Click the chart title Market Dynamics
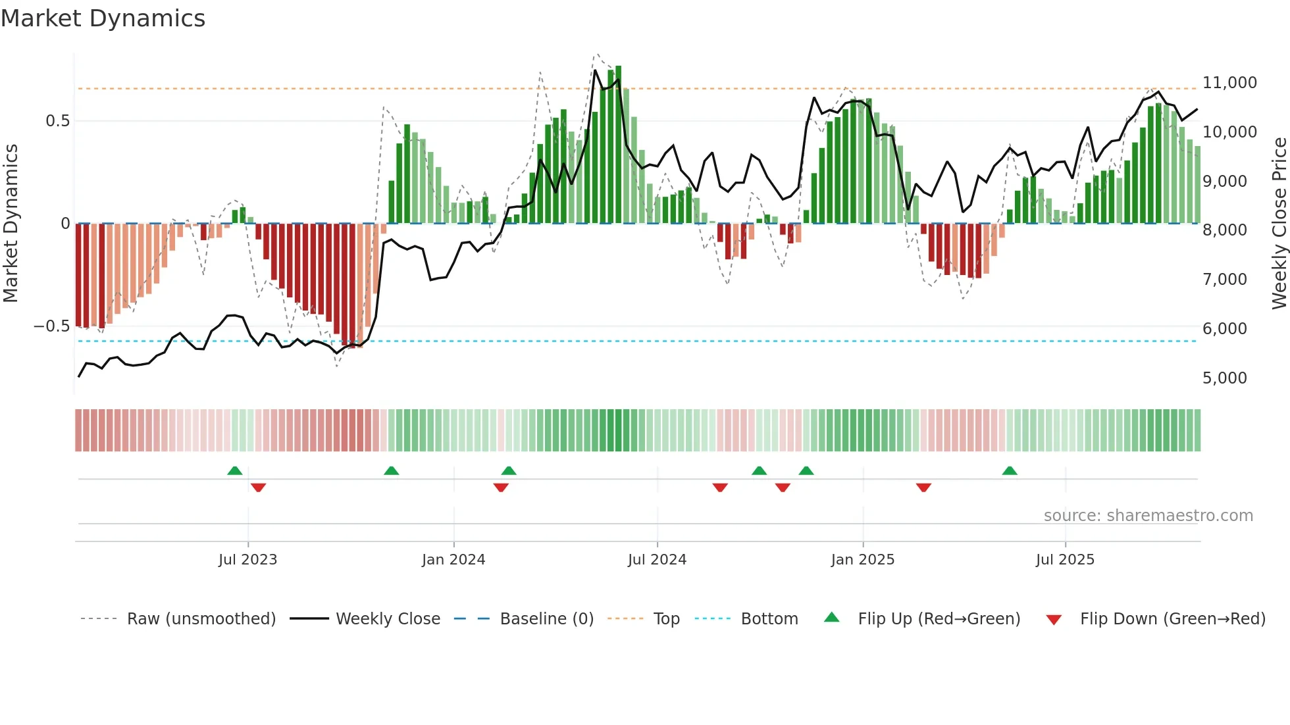coord(103,18)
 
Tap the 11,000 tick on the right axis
coord(1229,83)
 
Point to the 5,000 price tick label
coord(1224,378)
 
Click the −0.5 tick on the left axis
coord(51,326)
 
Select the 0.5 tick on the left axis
coord(57,121)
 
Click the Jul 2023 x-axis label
coord(247,560)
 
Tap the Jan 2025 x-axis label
coord(862,560)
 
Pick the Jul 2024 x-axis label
coord(657,560)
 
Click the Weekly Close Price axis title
coord(1279,223)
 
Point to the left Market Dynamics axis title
coord(11,223)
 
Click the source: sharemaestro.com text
coord(1148,516)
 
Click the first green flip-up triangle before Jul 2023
coord(235,470)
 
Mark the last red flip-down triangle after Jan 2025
coord(923,488)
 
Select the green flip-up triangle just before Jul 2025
coord(1010,470)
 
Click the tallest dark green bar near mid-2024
coord(618,145)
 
